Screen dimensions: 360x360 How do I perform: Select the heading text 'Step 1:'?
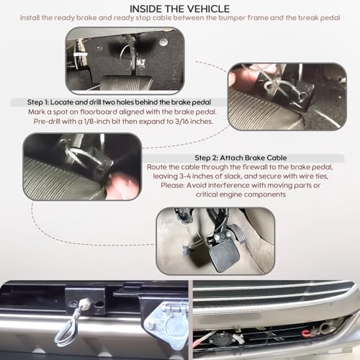coord(37,102)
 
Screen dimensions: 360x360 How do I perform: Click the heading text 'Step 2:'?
coord(206,158)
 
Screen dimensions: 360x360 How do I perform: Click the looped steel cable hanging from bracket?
coord(67,330)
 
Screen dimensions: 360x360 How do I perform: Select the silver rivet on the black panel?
coord(163,42)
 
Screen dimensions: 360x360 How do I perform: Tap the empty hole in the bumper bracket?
coord(99,304)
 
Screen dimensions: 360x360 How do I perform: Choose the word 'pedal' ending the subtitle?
coord(331,18)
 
